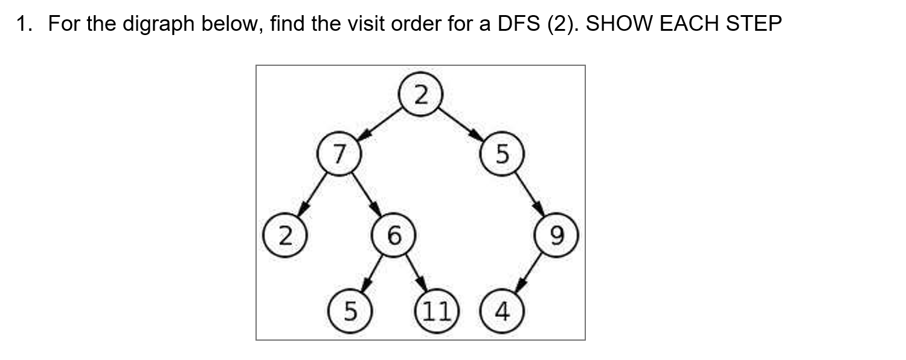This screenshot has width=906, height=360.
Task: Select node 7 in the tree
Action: click(339, 155)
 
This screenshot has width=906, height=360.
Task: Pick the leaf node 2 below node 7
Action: click(283, 234)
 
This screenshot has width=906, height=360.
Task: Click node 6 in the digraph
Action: click(393, 234)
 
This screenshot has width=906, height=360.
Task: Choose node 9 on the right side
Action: click(557, 234)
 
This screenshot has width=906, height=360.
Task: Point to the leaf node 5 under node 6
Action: click(349, 312)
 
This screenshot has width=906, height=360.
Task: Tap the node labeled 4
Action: click(501, 312)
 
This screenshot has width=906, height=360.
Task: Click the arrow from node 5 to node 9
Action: click(529, 194)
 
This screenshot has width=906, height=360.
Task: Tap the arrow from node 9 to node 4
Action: click(530, 273)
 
